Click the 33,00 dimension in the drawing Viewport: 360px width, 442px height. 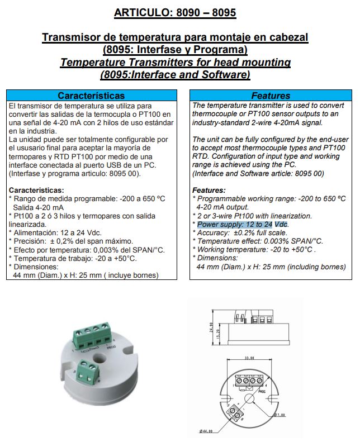click(x=249, y=358)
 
